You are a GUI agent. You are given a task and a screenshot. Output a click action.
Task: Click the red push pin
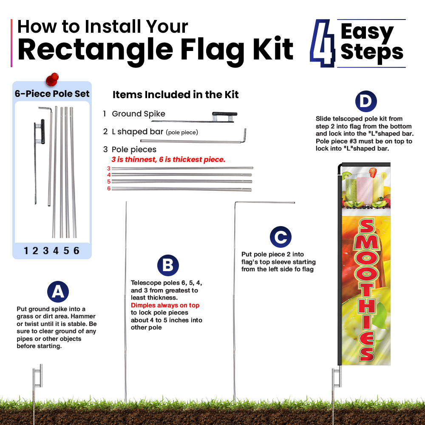click(x=52, y=79)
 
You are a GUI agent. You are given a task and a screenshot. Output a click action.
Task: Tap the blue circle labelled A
click(x=58, y=292)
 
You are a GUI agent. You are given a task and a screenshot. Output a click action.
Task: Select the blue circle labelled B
click(x=168, y=265)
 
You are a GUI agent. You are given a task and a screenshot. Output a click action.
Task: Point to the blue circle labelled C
click(x=280, y=237)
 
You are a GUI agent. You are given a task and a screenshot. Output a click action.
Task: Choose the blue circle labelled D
click(x=366, y=101)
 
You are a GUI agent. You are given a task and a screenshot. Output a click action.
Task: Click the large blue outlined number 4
click(x=323, y=43)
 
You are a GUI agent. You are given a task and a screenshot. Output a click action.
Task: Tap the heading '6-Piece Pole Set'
click(x=52, y=94)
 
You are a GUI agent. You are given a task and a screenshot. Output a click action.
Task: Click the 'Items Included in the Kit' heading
click(x=176, y=95)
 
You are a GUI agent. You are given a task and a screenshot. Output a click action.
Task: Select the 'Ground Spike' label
click(x=139, y=114)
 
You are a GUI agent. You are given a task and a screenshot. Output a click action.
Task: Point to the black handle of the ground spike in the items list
click(x=225, y=114)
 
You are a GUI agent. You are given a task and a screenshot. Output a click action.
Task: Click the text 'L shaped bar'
click(x=137, y=132)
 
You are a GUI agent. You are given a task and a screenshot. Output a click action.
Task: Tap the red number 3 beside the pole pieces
click(x=109, y=168)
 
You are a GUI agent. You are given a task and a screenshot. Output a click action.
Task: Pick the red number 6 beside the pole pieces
click(x=109, y=188)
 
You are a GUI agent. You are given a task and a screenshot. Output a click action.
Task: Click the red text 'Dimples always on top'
click(x=165, y=305)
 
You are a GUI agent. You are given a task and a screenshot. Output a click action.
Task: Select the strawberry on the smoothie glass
click(x=373, y=173)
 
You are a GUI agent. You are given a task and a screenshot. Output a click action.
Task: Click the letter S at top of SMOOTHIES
click(x=367, y=227)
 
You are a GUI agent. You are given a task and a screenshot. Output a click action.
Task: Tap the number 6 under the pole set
click(x=76, y=251)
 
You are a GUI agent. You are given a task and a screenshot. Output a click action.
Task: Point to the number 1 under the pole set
click(x=26, y=251)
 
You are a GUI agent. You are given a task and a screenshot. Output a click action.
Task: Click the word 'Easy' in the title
click(x=367, y=32)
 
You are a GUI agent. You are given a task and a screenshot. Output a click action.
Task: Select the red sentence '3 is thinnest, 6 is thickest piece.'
click(x=168, y=159)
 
